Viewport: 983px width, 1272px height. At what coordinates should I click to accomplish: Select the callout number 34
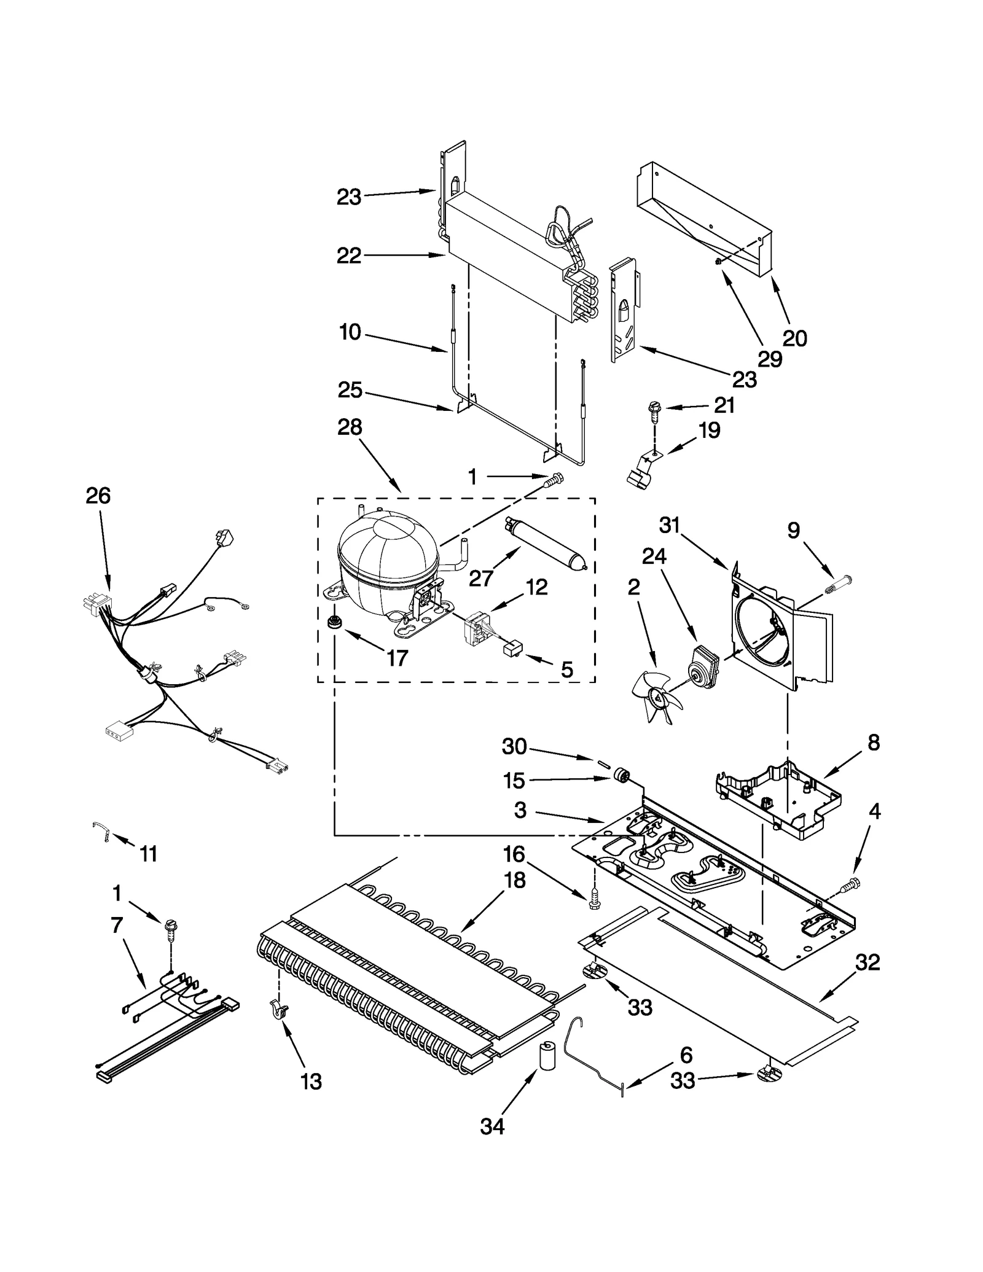coord(492,1126)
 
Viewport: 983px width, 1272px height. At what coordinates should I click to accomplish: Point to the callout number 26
coord(98,496)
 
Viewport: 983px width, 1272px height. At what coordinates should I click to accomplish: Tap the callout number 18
coord(514,880)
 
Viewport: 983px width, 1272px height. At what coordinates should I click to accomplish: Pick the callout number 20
coord(794,338)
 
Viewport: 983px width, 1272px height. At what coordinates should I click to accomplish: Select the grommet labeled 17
coord(335,622)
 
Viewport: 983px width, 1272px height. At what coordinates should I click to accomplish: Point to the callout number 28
coord(350,427)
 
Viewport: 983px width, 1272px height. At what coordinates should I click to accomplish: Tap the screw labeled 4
coord(853,884)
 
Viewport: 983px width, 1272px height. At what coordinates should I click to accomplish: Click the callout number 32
coord(867,962)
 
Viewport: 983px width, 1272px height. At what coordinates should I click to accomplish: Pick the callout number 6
coord(686,1055)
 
